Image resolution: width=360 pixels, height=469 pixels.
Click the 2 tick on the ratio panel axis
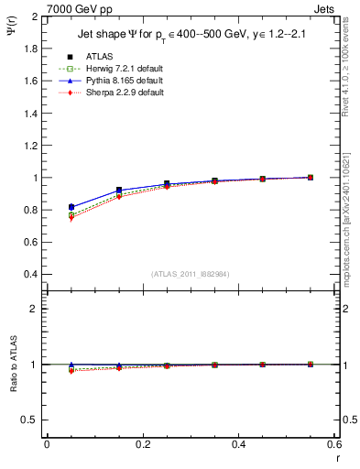coord(35,309)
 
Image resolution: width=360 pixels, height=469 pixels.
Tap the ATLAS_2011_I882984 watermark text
coord(191,274)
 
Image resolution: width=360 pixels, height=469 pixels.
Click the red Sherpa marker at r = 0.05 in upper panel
coord(71,218)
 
